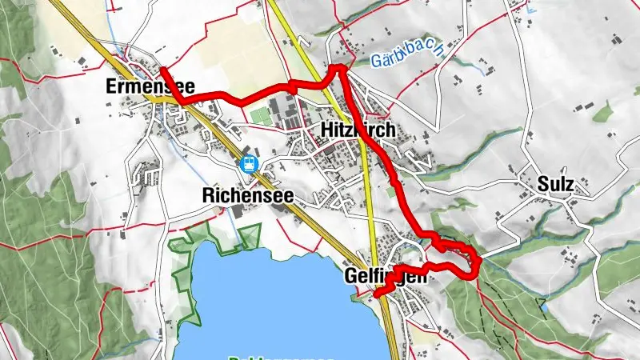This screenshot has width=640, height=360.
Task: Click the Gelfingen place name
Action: pos(382,276)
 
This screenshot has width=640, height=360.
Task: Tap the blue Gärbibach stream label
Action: pos(407,58)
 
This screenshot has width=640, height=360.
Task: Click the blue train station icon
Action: pos(250,164)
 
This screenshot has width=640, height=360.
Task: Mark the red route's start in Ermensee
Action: pos(163,69)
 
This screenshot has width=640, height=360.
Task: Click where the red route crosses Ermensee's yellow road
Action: pos(182,101)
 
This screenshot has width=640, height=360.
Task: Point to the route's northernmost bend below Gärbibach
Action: pos(339,68)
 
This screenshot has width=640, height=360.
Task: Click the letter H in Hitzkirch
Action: pos(325,130)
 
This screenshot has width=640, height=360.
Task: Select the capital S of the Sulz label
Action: pos(542,184)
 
